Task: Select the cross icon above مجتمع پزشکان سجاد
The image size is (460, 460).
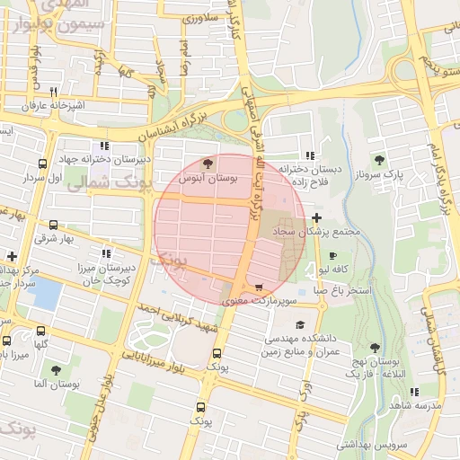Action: coord(316,217)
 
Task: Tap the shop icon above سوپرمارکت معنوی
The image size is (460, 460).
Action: coord(260,288)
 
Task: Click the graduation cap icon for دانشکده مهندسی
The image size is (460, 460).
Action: coord(299,325)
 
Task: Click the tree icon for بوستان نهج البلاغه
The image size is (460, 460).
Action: coord(372,347)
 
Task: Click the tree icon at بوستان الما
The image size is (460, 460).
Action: coord(56,369)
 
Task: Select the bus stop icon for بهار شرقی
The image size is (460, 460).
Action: coord(54,226)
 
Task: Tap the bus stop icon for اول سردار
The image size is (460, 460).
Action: coord(42,164)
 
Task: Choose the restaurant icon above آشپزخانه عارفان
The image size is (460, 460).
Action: coord(54,92)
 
